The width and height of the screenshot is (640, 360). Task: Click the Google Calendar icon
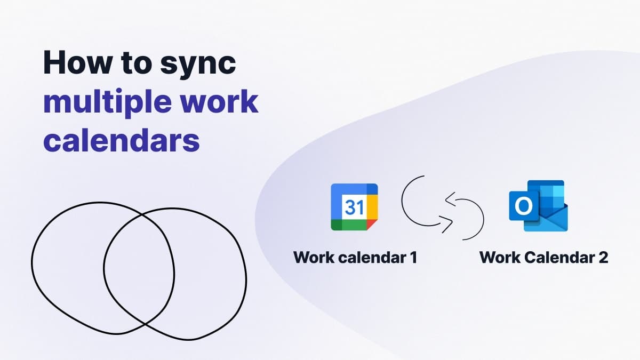(x=354, y=207)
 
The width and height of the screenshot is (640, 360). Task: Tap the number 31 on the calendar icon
(x=354, y=207)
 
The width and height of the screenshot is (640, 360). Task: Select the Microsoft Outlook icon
(x=538, y=206)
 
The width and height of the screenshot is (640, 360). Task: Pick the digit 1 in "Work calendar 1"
(x=412, y=258)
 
